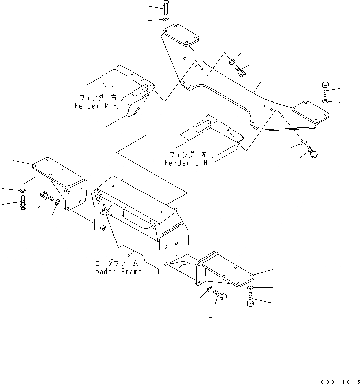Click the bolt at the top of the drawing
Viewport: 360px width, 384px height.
tap(166, 7)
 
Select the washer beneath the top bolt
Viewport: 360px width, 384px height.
tap(166, 20)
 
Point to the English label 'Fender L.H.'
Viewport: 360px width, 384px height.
tap(186, 163)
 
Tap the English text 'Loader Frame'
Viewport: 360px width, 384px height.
tap(116, 272)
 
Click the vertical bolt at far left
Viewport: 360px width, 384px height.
tap(22, 204)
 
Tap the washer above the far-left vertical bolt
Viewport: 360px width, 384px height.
tap(23, 191)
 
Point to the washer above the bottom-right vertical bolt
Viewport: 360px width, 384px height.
tap(251, 288)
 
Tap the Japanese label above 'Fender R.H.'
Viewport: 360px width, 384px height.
tap(97, 97)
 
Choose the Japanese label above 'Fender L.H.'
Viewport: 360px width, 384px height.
tap(187, 154)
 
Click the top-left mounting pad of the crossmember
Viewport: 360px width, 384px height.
tap(180, 37)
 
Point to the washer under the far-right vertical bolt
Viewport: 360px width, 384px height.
tap(326, 102)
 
